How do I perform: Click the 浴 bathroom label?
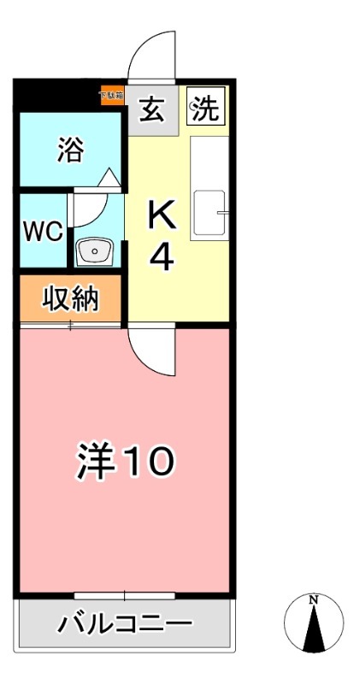click(x=71, y=150)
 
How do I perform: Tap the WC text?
click(x=43, y=233)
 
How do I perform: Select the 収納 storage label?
click(x=72, y=299)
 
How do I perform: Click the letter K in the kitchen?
click(x=162, y=215)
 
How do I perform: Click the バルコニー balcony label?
click(x=125, y=625)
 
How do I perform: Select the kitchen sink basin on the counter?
click(x=209, y=211)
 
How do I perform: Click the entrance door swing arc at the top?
click(x=151, y=55)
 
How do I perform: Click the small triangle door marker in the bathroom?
click(x=109, y=178)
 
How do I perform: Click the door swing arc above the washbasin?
click(x=91, y=205)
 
